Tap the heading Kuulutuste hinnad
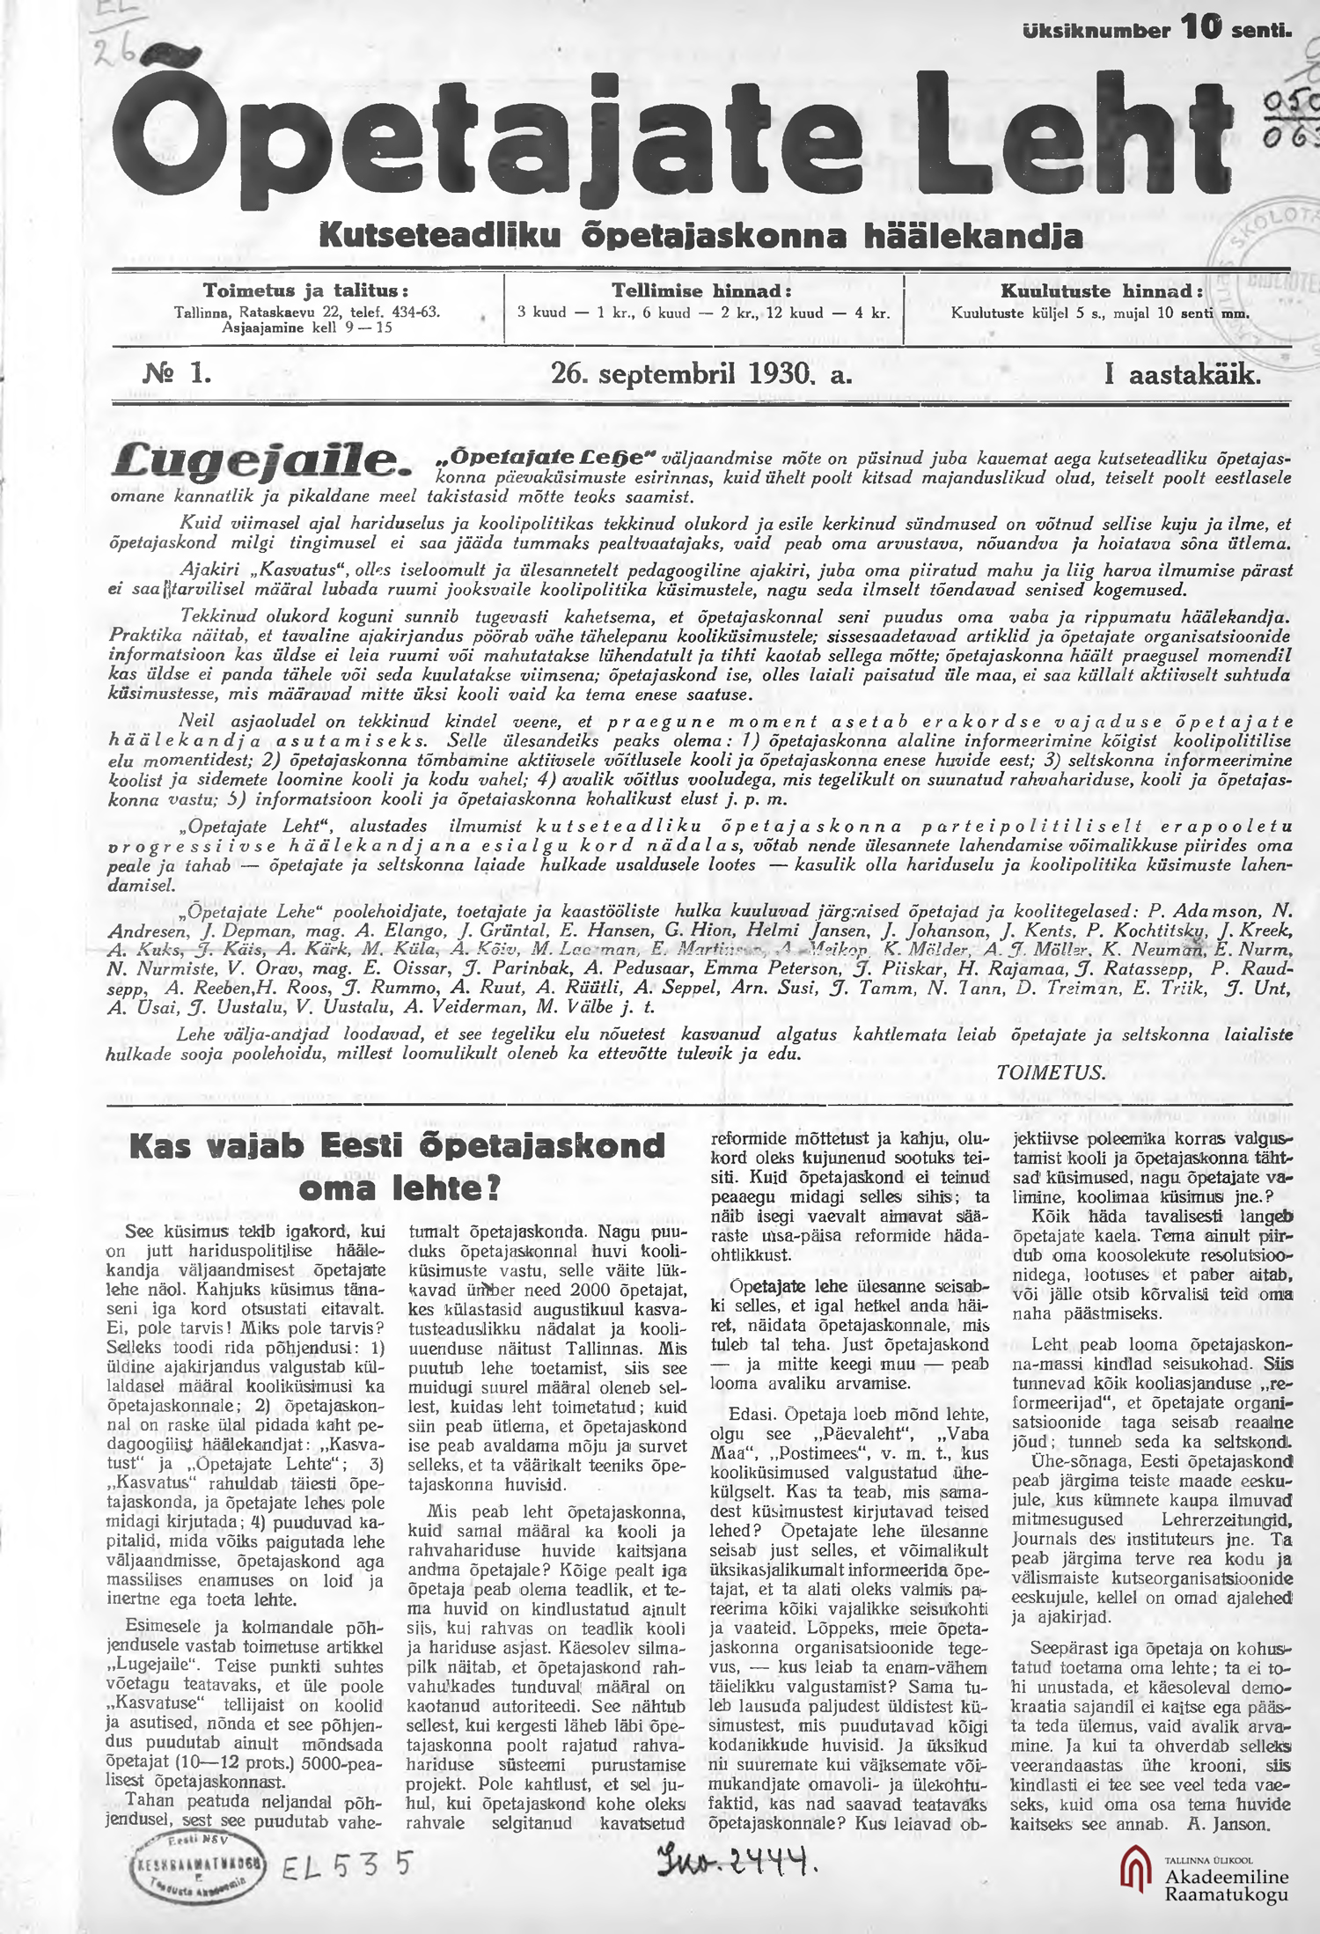(1101, 290)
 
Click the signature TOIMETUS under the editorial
(1050, 1072)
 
